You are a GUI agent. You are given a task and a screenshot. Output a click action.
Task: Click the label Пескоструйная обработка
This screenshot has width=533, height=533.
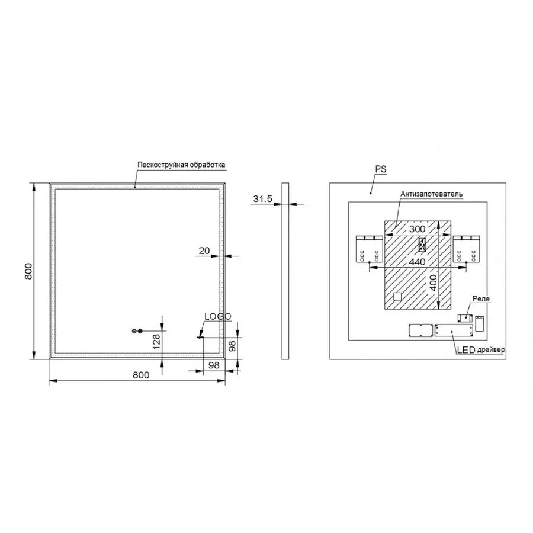tap(181, 165)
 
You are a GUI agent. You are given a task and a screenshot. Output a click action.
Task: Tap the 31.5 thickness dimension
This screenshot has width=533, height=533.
tap(263, 199)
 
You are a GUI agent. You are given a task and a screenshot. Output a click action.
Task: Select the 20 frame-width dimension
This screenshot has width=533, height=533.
tap(204, 251)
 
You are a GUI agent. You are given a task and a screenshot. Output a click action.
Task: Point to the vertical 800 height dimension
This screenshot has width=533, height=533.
tap(29, 271)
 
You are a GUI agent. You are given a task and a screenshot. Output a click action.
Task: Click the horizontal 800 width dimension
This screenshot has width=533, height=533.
tap(141, 375)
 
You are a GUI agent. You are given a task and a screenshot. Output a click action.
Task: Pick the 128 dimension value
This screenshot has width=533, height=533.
tap(156, 342)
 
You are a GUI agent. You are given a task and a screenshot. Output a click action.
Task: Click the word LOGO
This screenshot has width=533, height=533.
tap(218, 316)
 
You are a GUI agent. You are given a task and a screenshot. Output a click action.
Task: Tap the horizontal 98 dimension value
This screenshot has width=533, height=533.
tap(214, 365)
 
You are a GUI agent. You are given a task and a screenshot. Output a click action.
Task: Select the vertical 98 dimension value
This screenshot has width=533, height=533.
tap(232, 346)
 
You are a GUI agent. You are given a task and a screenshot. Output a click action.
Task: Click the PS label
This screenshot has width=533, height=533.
tap(381, 169)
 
